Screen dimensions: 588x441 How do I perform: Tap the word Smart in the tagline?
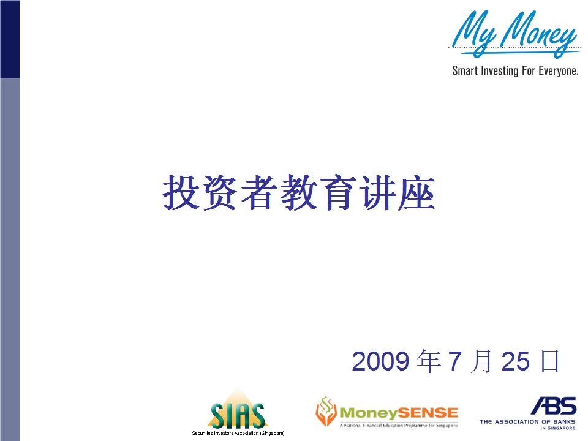click(x=465, y=70)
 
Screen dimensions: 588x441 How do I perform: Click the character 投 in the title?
click(x=181, y=192)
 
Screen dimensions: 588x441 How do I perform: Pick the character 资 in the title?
click(x=220, y=192)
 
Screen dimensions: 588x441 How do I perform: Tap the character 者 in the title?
click(x=259, y=192)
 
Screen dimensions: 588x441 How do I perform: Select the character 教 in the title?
click(x=298, y=192)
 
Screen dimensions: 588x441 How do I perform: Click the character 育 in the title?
click(x=337, y=192)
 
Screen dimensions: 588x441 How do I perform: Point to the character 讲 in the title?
click(x=377, y=192)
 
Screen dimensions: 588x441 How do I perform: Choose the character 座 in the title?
click(x=417, y=192)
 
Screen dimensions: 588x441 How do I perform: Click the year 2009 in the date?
click(x=380, y=361)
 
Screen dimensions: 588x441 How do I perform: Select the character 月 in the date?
click(x=481, y=361)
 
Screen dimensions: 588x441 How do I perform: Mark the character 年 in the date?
click(x=429, y=361)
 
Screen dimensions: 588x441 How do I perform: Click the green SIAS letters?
click(x=238, y=415)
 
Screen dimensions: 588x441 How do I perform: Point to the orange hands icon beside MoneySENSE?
click(x=326, y=411)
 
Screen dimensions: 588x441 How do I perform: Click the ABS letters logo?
click(x=554, y=405)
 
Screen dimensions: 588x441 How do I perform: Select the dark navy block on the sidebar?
click(x=10, y=39)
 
